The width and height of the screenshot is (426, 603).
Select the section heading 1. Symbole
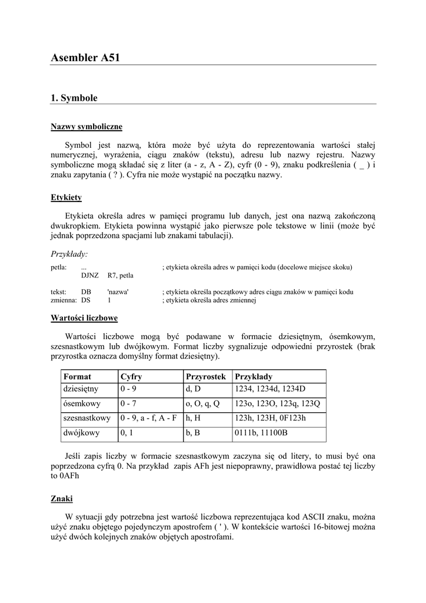(x=74, y=98)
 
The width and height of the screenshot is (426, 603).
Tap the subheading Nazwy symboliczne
(x=86, y=127)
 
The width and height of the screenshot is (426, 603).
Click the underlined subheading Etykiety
(x=66, y=197)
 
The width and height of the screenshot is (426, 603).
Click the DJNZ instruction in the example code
(x=89, y=275)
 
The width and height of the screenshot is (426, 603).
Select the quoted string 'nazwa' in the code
(x=118, y=292)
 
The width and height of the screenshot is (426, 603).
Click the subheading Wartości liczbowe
(x=84, y=318)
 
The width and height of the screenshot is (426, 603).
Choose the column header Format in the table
(x=77, y=376)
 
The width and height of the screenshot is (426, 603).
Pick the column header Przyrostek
(x=205, y=376)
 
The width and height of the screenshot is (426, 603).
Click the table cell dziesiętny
(x=81, y=389)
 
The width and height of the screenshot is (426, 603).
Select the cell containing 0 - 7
(x=128, y=404)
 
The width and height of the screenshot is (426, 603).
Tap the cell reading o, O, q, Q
(x=202, y=404)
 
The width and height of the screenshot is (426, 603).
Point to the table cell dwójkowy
(x=81, y=433)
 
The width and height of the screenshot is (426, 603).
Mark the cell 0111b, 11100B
(x=261, y=433)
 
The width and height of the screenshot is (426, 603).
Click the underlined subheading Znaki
(x=62, y=498)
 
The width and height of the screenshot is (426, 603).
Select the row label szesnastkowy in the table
(x=86, y=418)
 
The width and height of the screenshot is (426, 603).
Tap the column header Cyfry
(x=131, y=376)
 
